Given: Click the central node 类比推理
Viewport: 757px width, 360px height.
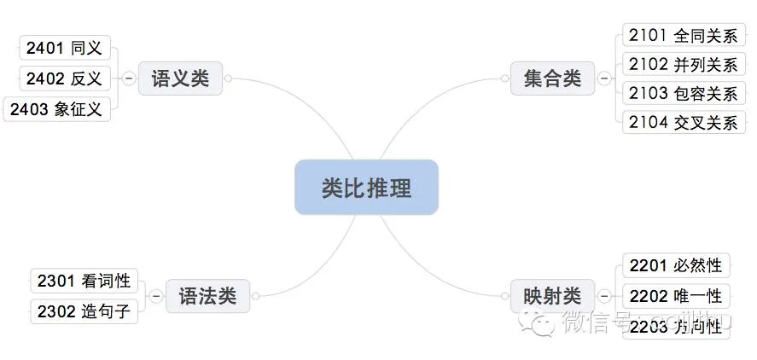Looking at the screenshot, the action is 366,187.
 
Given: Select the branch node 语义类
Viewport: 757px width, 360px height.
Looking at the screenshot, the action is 180,78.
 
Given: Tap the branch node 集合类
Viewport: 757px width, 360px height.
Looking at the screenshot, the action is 552,78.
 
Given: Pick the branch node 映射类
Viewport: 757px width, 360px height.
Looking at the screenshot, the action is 552,295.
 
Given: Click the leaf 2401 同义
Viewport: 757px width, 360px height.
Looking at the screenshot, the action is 64,48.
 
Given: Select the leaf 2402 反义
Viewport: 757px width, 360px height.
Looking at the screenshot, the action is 64,78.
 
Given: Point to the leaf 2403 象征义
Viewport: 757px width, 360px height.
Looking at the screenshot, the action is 56,109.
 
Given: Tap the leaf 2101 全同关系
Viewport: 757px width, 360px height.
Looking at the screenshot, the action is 682,35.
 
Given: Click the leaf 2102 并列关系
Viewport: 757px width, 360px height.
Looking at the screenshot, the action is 682,64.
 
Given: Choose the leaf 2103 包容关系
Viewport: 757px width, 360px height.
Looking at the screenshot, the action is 682,93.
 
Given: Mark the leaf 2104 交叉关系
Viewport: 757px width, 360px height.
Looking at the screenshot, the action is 682,122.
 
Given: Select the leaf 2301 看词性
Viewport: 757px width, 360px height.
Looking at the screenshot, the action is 84,280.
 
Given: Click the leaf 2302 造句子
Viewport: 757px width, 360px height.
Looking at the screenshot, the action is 84,311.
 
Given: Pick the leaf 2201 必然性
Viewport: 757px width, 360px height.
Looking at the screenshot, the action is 674,265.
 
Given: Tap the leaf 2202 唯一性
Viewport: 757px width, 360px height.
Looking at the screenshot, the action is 674,296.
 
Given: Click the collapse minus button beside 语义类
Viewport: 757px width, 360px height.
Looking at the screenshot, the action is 128,78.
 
